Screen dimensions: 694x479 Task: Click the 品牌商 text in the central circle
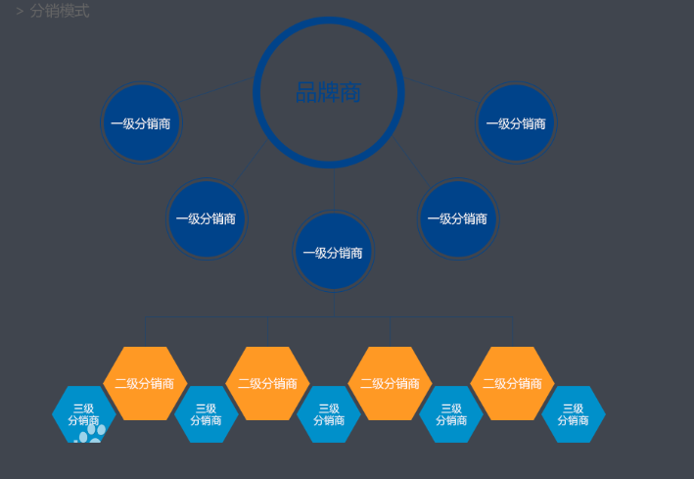point(329,92)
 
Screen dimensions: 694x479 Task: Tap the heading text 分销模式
point(60,11)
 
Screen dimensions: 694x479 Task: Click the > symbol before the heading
point(20,12)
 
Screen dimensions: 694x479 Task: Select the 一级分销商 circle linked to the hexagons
point(334,251)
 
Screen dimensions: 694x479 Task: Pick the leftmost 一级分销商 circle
point(142,122)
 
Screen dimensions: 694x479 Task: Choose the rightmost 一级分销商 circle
point(516,122)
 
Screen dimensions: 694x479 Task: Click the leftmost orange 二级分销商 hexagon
point(145,383)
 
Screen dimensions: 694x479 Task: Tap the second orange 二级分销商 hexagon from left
point(268,383)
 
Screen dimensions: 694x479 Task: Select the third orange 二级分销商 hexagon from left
point(390,383)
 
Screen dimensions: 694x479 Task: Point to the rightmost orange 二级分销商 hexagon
point(513,383)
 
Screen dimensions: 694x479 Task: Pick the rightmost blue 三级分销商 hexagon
point(574,414)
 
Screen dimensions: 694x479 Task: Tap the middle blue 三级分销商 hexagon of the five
point(329,414)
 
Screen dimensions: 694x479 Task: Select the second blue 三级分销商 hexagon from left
point(207,414)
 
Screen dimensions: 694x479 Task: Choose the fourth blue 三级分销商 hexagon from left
point(451,414)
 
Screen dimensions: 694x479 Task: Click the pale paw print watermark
point(90,433)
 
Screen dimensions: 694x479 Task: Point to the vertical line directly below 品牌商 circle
point(334,189)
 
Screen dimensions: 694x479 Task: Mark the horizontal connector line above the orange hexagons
point(329,316)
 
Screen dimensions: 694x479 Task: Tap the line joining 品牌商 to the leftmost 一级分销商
point(216,90)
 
